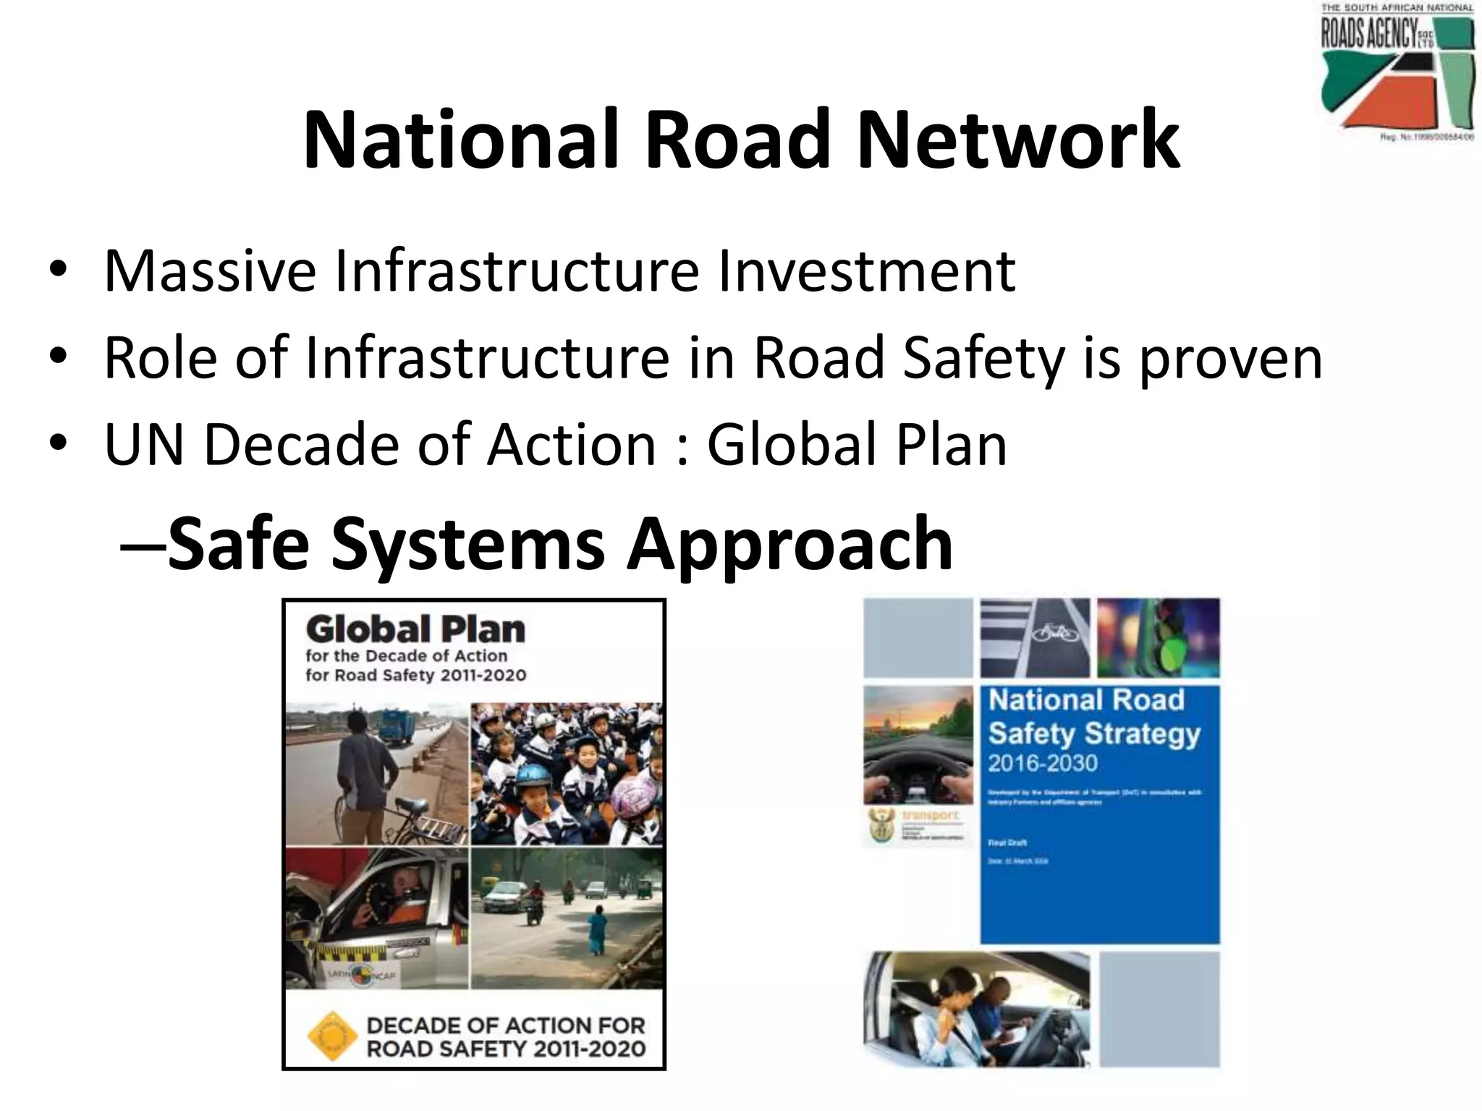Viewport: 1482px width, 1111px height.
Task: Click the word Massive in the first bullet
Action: (x=210, y=271)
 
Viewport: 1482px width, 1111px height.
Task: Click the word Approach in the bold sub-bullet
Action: (x=789, y=543)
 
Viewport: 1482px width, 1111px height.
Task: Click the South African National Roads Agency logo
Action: (x=1397, y=72)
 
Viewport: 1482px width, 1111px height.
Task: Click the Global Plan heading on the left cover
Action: (x=415, y=629)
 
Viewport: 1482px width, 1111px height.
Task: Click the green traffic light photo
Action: (x=1158, y=638)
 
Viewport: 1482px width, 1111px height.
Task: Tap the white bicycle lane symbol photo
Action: (x=1034, y=638)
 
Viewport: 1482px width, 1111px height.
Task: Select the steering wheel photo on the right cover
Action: (x=918, y=745)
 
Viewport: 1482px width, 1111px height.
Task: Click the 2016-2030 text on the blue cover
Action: (x=1043, y=763)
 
